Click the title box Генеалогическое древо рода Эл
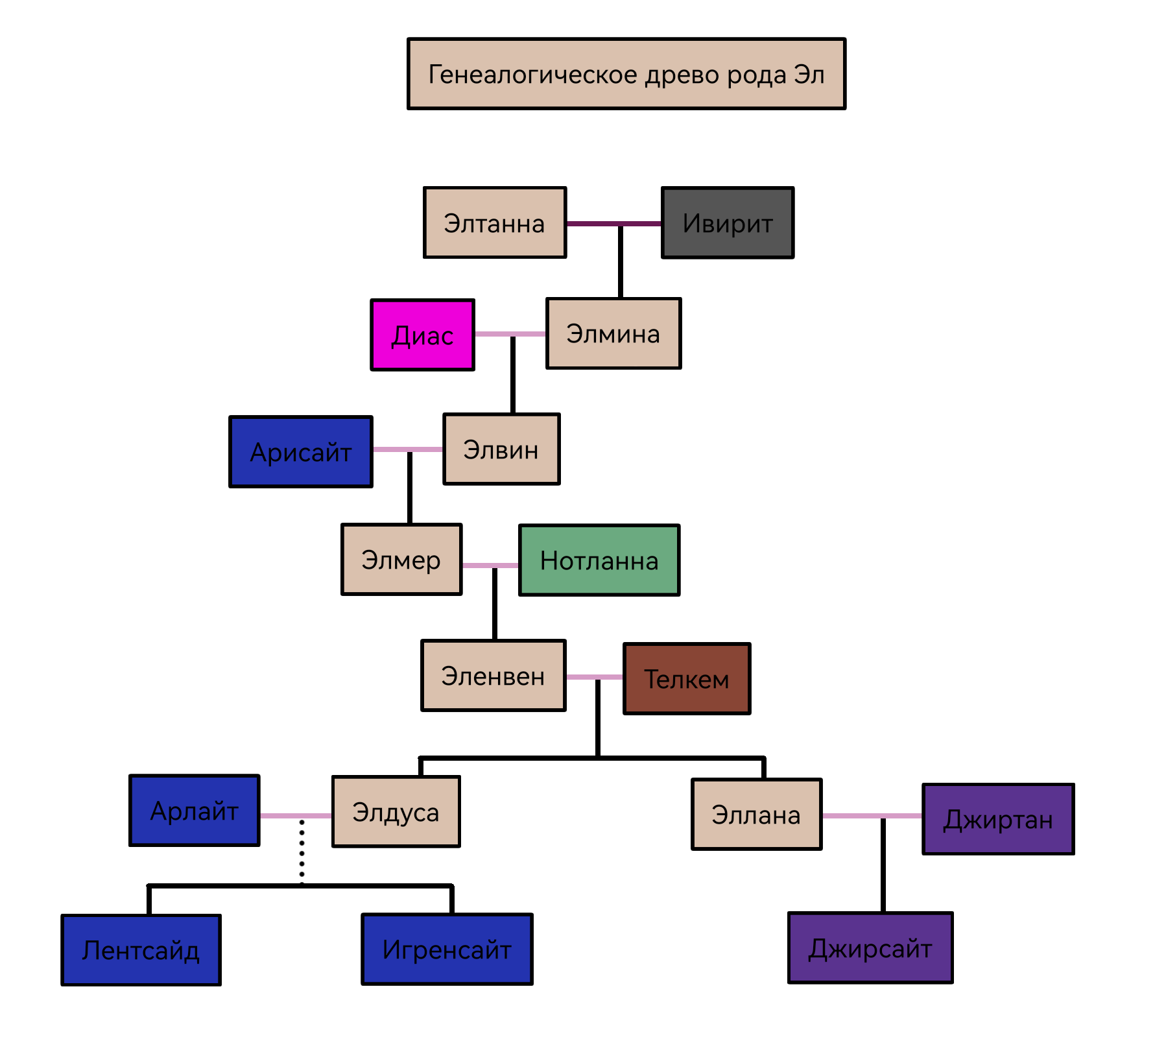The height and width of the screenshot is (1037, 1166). point(626,74)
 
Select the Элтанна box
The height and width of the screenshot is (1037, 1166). point(495,222)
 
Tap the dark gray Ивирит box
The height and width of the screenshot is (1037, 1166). point(728,222)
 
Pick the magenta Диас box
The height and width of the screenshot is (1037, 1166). point(422,335)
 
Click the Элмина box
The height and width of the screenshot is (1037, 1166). point(613,333)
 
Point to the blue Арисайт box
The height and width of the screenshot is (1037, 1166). point(301,451)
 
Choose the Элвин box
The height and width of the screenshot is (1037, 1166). point(501,449)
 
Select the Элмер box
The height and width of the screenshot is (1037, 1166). point(401,559)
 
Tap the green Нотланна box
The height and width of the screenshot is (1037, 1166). point(599,560)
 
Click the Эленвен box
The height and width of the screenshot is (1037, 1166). point(494,675)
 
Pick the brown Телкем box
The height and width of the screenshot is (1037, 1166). point(687,678)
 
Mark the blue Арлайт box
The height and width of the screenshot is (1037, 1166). point(195,810)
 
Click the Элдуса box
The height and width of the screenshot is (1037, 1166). point(396,811)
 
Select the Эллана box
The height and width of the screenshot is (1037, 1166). point(757,814)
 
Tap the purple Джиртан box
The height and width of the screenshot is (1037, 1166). point(999,818)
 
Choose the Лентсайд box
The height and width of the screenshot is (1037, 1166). point(141,949)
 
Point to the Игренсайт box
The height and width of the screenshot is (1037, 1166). point(447,949)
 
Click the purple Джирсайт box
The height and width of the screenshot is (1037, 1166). point(870,948)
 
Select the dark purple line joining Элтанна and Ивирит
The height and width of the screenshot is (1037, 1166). point(614,224)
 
